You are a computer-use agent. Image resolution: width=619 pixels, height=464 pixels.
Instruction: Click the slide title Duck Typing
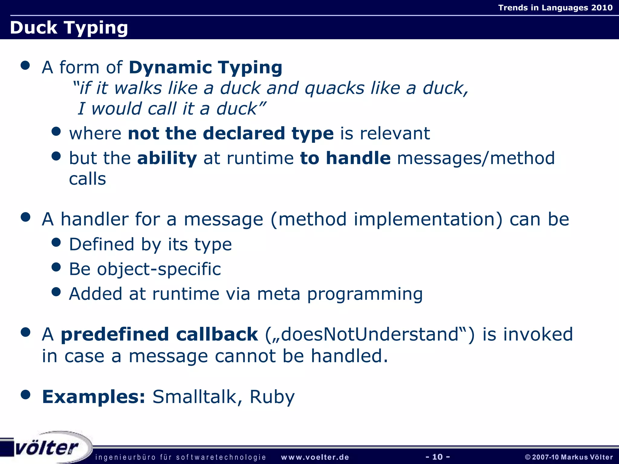(69, 28)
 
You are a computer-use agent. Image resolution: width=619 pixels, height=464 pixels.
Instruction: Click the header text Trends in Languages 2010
(555, 8)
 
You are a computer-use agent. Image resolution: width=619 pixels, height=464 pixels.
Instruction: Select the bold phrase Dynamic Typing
(206, 67)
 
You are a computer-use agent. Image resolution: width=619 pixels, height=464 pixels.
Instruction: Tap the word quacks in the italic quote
(335, 88)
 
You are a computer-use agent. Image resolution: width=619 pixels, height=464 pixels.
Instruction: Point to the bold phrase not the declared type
(231, 133)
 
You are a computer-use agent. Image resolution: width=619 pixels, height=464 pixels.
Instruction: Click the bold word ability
(167, 158)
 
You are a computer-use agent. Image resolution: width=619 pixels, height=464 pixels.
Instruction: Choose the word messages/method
(476, 158)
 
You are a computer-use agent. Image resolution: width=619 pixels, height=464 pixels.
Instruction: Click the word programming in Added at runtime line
(365, 294)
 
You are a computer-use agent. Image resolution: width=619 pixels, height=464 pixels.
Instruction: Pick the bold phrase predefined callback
(159, 334)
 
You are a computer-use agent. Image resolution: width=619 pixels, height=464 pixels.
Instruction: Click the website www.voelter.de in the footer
(315, 457)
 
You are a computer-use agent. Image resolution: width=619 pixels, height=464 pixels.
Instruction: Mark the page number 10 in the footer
(437, 457)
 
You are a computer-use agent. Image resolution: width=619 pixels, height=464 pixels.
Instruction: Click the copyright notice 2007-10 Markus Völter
(569, 457)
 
